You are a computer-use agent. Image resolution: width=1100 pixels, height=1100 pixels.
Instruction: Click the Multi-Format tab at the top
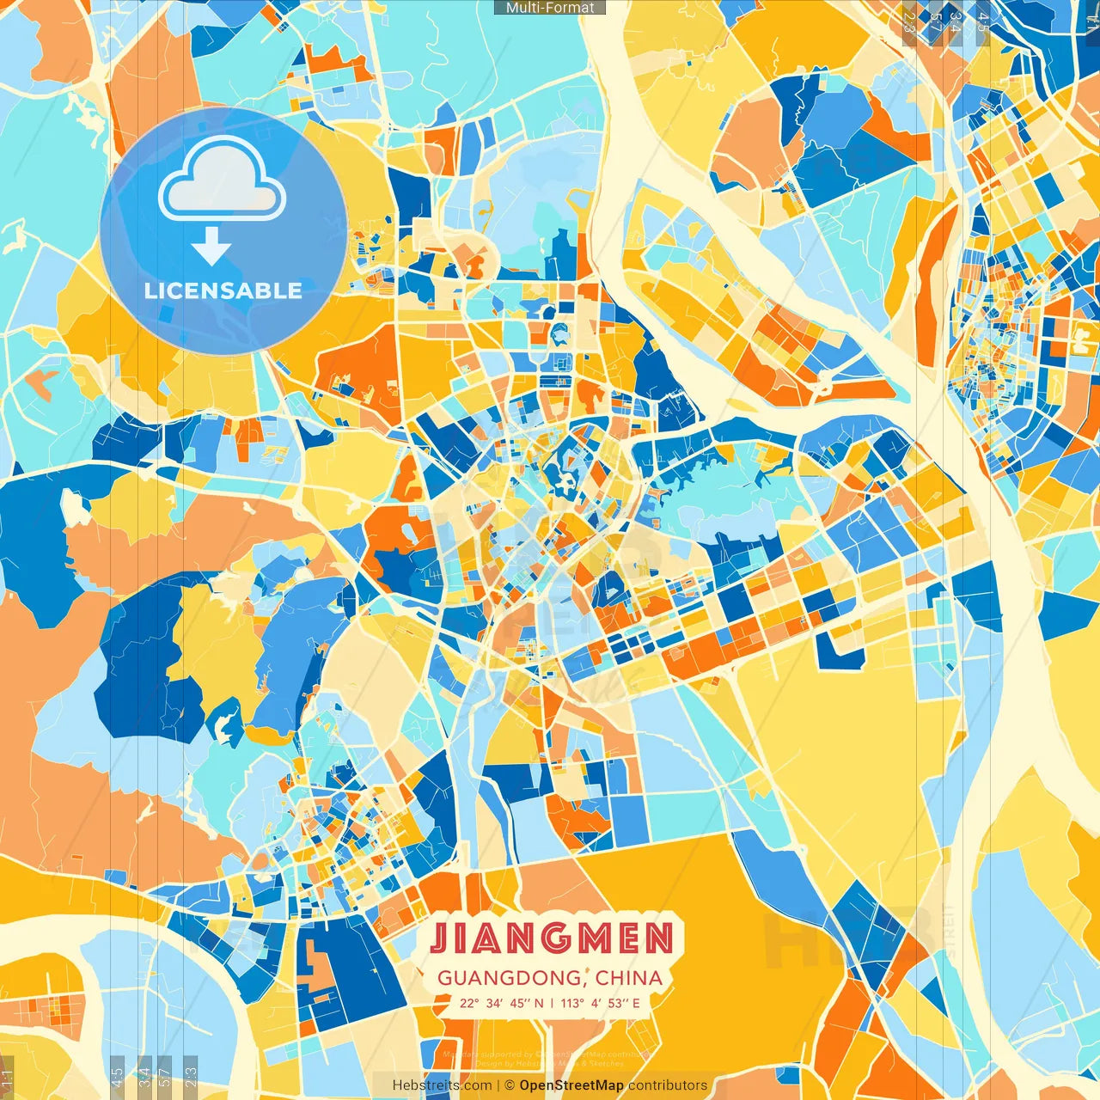tap(550, 8)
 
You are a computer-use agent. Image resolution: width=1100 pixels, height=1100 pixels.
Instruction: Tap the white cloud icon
tap(222, 179)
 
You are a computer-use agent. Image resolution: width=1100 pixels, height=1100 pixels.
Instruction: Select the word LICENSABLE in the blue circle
tap(223, 290)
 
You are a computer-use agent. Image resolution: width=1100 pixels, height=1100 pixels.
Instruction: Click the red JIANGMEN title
tap(551, 938)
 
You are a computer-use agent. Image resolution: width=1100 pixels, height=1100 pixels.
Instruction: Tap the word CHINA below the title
tap(629, 978)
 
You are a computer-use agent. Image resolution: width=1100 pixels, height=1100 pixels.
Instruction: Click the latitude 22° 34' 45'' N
tap(501, 1003)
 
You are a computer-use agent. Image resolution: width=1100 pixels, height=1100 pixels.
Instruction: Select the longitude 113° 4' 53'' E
tap(601, 1003)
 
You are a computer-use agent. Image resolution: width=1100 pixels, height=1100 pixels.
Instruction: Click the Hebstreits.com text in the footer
tap(442, 1085)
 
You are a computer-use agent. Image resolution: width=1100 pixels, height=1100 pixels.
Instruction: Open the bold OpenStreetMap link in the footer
tap(571, 1085)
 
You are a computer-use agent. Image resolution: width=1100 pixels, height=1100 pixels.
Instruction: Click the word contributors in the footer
tap(668, 1085)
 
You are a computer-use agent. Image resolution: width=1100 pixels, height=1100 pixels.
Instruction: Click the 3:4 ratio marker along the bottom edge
tap(144, 1076)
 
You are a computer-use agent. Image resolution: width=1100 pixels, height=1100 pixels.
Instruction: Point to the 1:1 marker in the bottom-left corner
tap(7, 1078)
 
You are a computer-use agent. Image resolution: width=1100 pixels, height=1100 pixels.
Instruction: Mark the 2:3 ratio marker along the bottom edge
tap(190, 1076)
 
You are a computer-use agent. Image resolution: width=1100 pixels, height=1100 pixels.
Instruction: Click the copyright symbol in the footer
tap(509, 1085)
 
